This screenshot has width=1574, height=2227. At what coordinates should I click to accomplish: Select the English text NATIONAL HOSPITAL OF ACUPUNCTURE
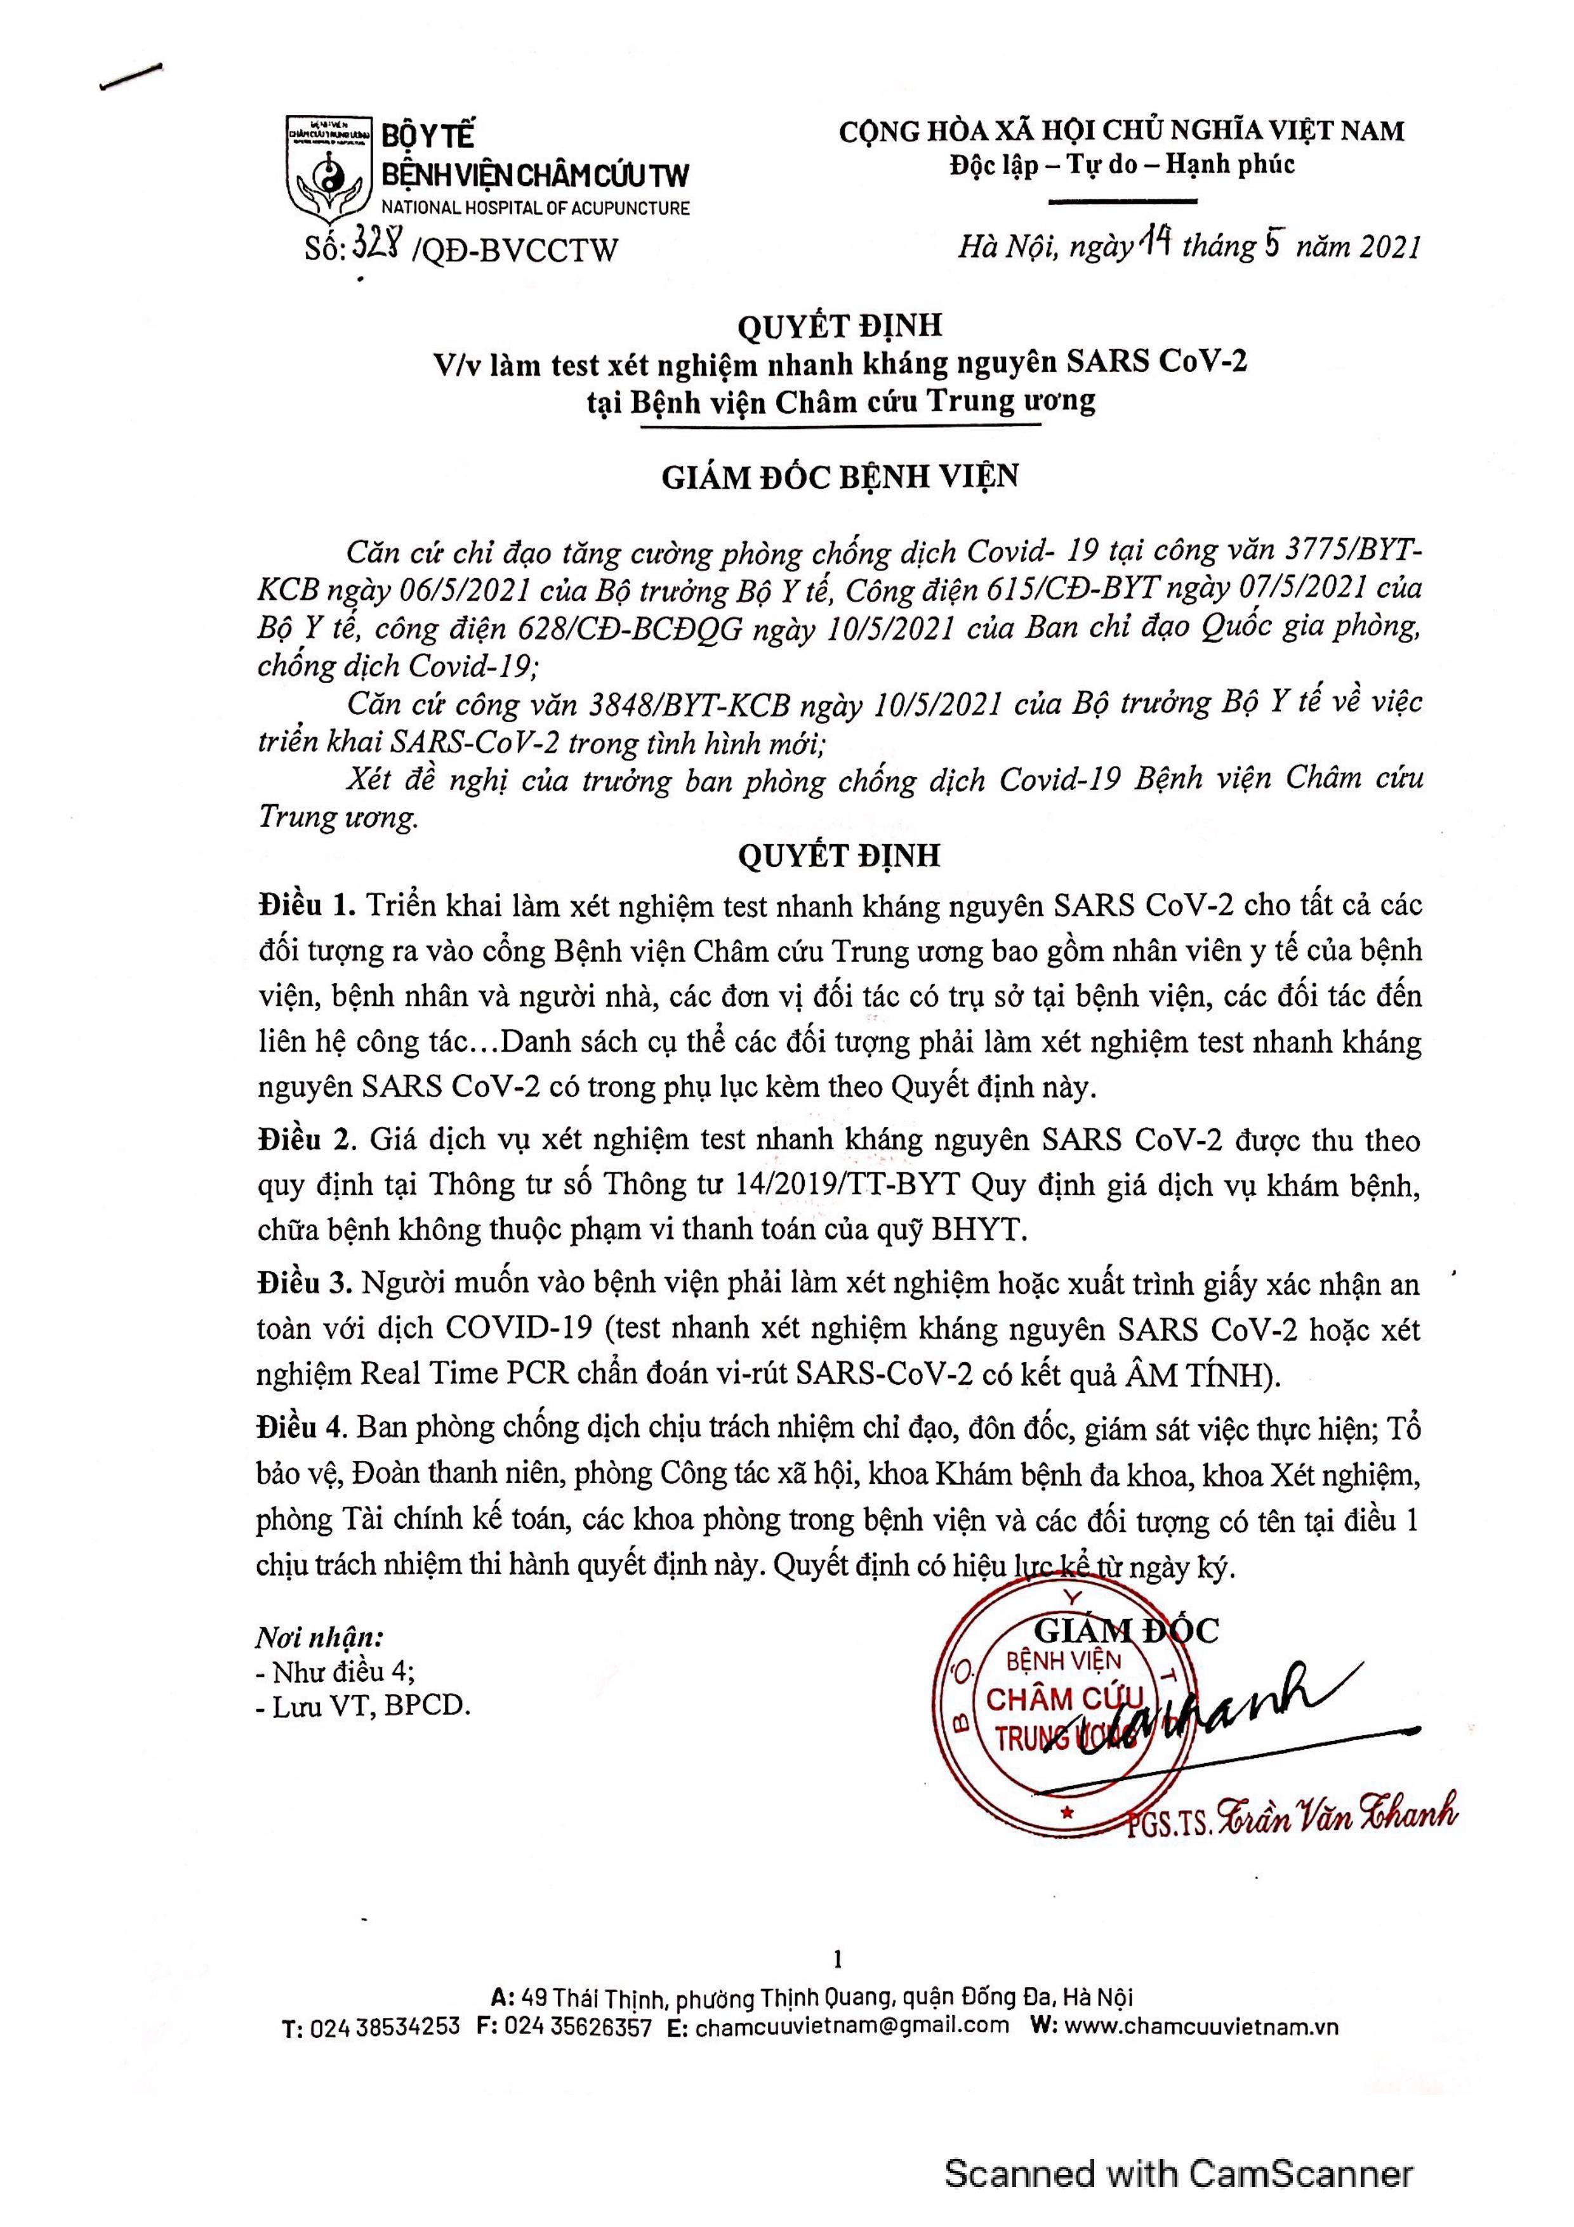[x=534, y=208]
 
